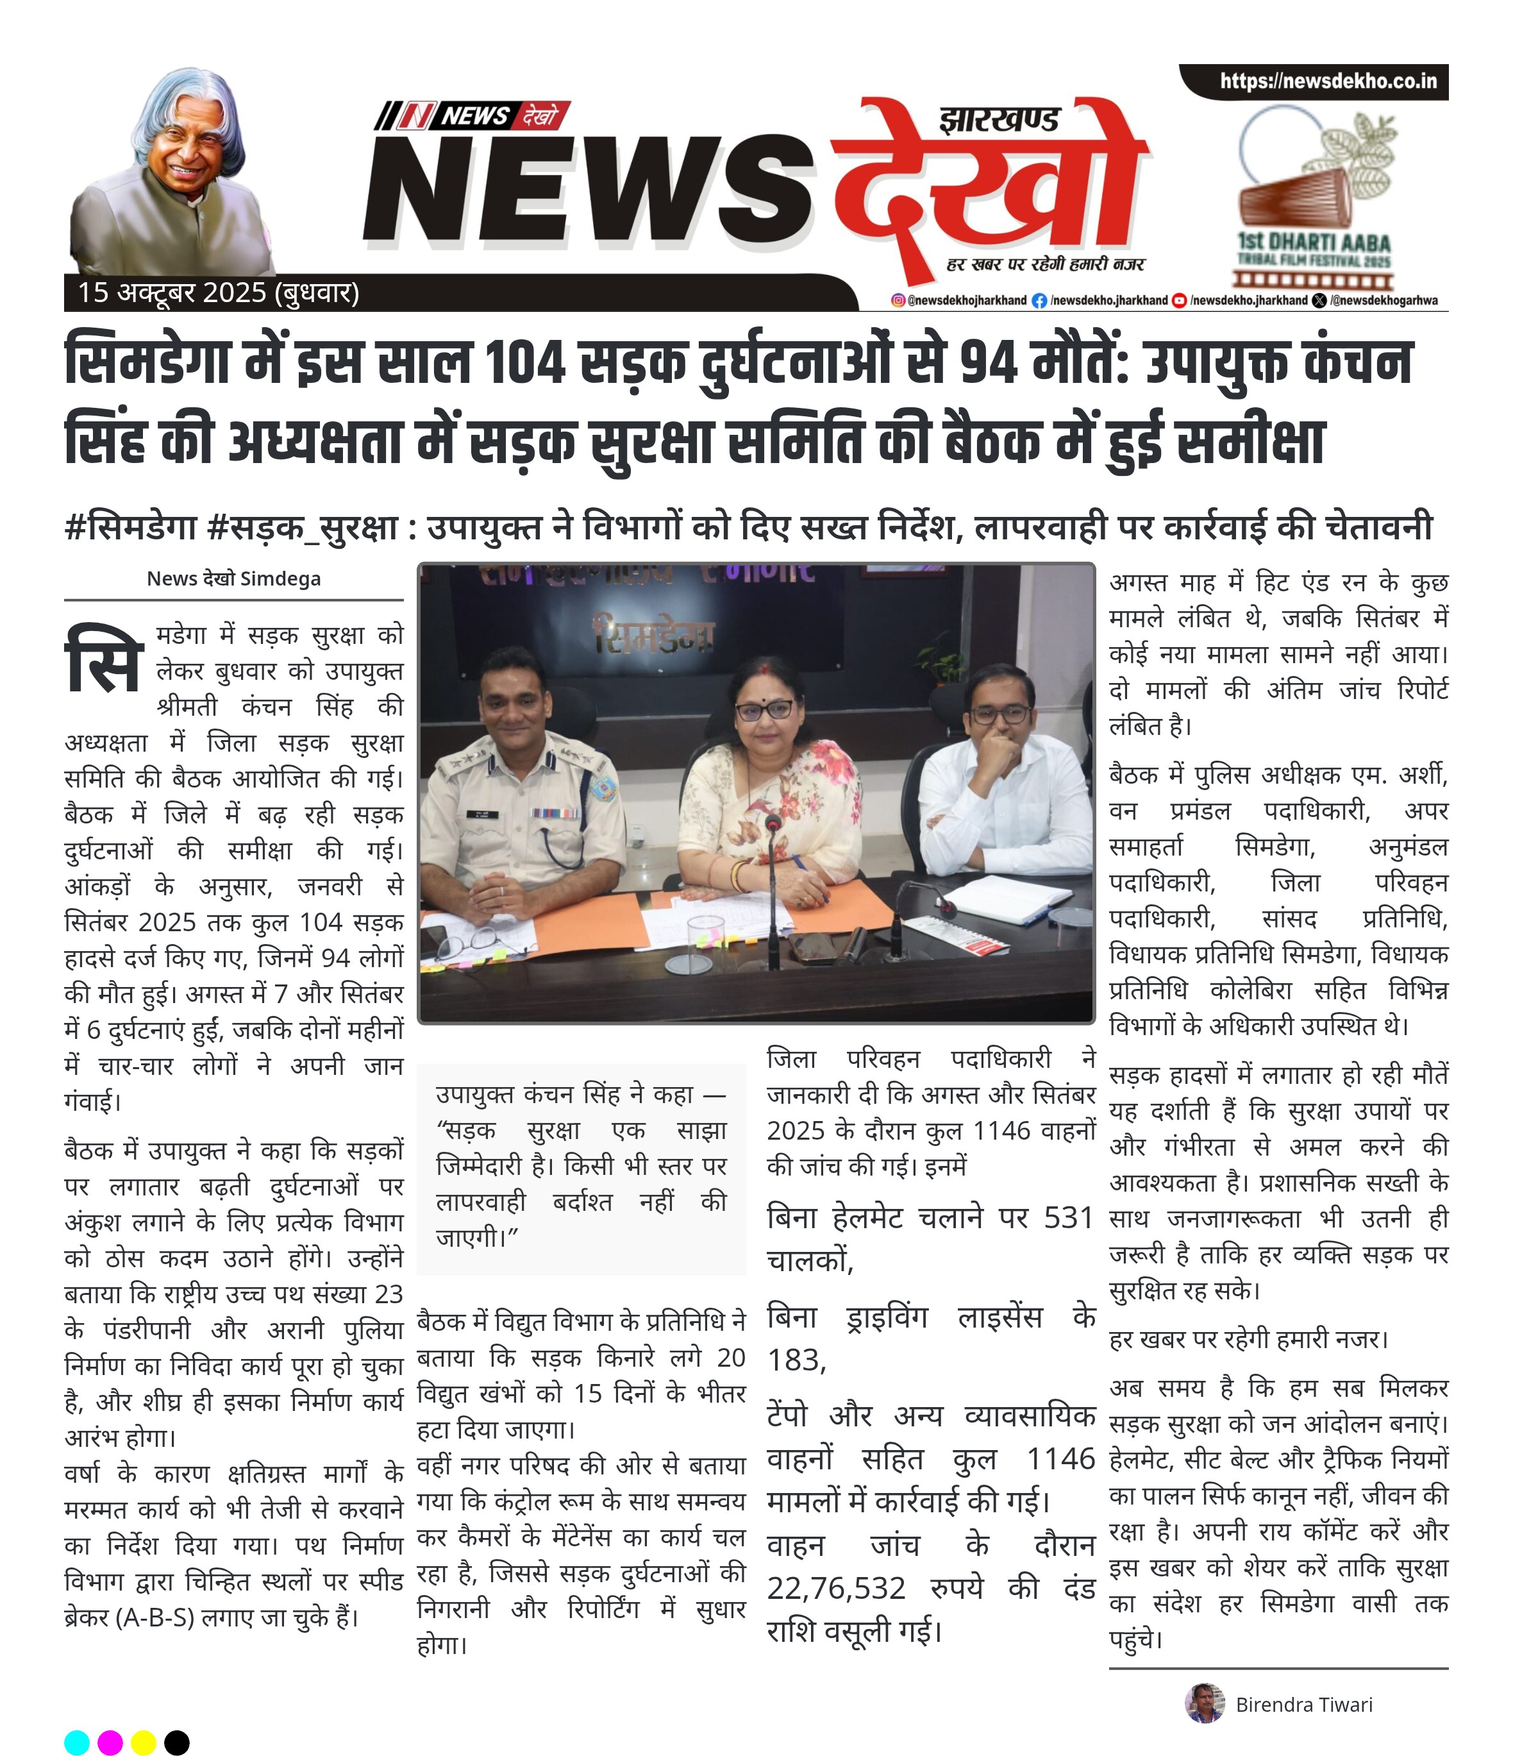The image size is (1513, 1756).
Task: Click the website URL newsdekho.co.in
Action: [1328, 81]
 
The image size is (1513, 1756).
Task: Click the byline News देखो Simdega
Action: [234, 579]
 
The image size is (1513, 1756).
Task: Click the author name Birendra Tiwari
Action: [1304, 1704]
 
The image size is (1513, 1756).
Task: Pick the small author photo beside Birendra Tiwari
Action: [1204, 1703]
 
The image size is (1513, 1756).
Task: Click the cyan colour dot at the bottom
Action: [76, 1743]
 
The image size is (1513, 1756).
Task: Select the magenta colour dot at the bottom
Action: [110, 1743]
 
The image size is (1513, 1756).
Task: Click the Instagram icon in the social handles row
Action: [898, 300]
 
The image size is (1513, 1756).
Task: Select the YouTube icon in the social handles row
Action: [1178, 300]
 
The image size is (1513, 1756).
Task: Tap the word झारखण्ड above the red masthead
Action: [999, 119]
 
